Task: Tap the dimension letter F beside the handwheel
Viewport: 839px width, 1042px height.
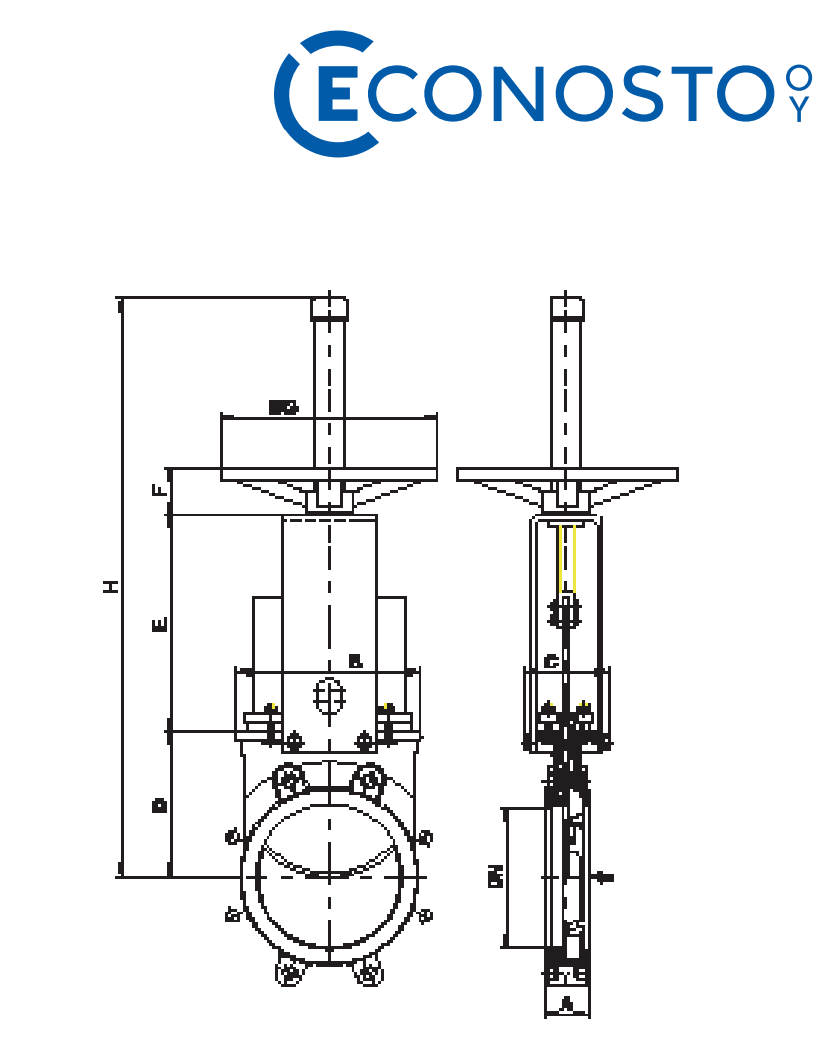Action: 157,491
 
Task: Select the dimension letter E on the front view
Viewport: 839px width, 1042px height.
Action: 159,625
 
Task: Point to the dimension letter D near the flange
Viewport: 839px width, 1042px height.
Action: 158,804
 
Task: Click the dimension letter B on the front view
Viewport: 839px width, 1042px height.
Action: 355,661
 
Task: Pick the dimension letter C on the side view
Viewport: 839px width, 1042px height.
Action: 551,661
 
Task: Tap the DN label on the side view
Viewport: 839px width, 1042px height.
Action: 494,876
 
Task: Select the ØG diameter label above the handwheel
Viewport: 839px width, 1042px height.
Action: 283,407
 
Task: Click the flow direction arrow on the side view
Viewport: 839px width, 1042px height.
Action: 603,877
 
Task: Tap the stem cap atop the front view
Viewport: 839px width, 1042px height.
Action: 329,308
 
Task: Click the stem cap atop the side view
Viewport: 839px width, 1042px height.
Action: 567,308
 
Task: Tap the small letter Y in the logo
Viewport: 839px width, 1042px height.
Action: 798,110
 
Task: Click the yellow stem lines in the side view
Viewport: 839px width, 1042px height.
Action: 567,558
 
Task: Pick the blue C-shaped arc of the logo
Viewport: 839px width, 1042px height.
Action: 291,95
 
